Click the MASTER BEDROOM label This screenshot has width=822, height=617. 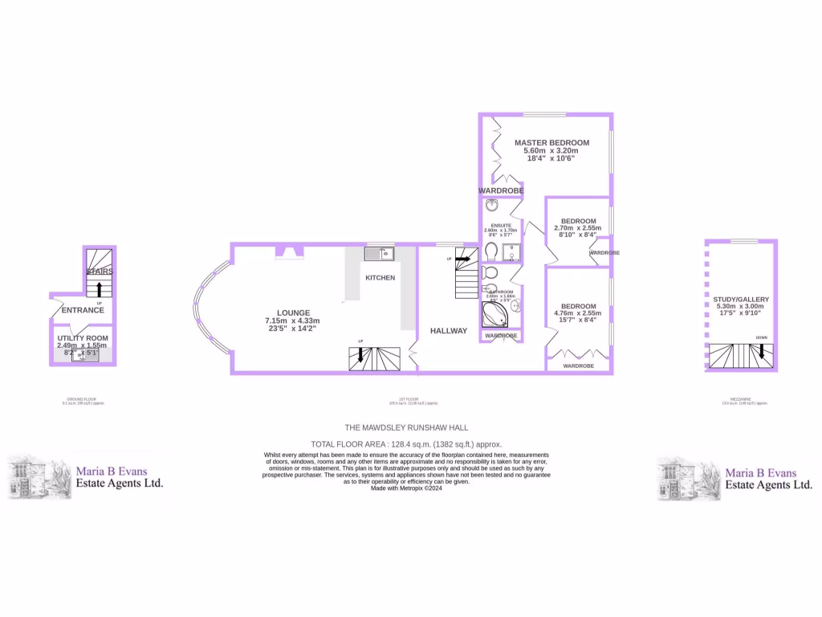point(551,143)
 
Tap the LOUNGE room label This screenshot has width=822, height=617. point(294,313)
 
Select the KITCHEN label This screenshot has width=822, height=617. point(380,277)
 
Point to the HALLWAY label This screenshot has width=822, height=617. point(448,330)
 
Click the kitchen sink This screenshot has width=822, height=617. point(378,254)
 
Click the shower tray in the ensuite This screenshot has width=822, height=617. point(511,253)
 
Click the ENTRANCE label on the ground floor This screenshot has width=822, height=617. point(83,310)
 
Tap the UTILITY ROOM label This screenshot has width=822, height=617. point(83,337)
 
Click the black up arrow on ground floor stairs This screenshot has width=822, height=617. point(100,289)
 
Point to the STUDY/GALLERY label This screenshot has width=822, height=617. point(741,299)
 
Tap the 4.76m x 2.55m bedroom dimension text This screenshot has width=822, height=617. point(578,314)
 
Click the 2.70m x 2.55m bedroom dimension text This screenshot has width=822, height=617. point(578,228)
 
